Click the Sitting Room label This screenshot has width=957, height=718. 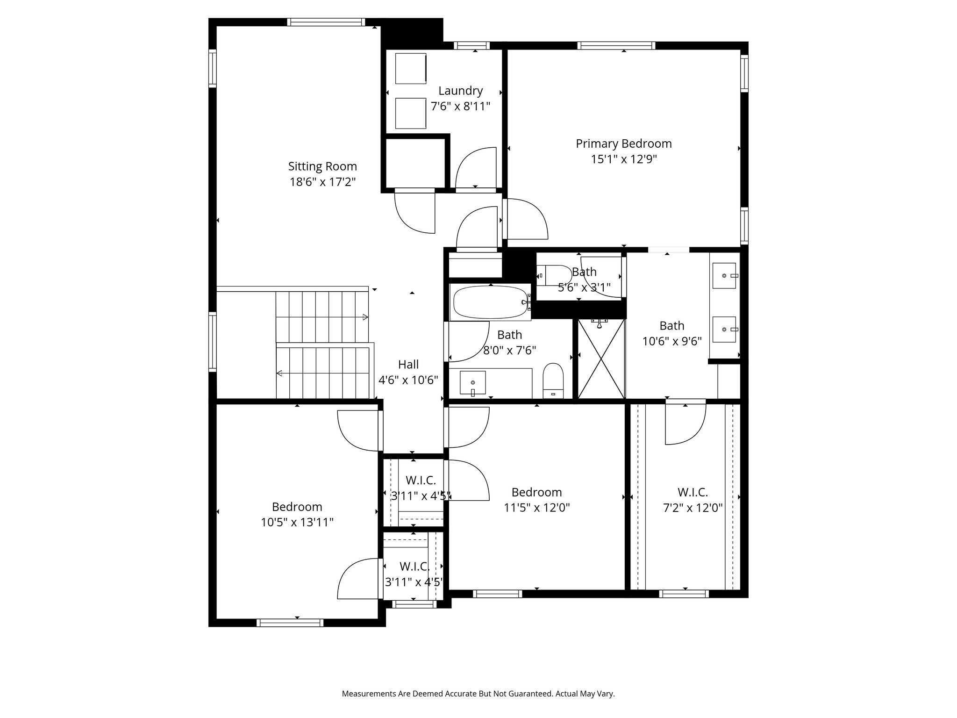tap(322, 166)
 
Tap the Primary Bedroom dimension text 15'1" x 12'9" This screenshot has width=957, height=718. tap(624, 159)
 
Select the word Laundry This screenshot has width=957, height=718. tap(460, 91)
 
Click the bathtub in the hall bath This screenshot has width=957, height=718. tap(490, 302)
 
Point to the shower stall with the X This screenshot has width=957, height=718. tap(601, 359)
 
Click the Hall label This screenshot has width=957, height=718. tap(408, 365)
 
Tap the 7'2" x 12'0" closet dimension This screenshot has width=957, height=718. tap(693, 508)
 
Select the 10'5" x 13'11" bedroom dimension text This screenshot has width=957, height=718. tap(297, 522)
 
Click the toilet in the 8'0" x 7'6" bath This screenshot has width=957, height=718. tap(554, 381)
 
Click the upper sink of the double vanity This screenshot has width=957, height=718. tap(725, 276)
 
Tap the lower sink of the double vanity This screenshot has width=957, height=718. tap(725, 330)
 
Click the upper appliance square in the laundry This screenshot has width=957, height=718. tap(411, 68)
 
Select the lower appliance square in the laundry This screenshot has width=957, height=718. tap(411, 113)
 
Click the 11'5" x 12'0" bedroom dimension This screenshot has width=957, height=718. tap(537, 507)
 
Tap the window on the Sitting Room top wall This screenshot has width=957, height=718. tap(326, 22)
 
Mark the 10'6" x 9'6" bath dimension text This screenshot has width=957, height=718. tap(672, 341)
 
